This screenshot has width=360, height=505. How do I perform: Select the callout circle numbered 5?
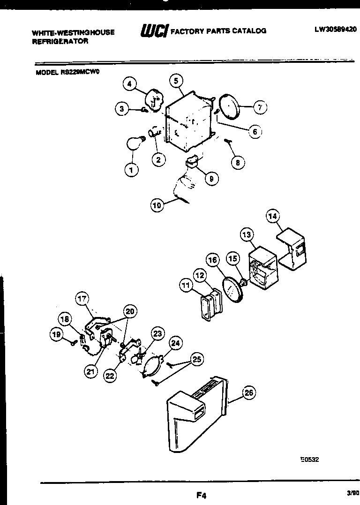click(176, 81)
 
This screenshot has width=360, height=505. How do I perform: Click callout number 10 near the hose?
click(158, 204)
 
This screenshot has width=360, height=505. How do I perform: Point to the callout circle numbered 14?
click(273, 216)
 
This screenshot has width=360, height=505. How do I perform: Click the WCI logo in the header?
click(154, 31)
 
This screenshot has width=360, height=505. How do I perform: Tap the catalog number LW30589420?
click(336, 29)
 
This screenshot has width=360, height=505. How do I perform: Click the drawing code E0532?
click(309, 460)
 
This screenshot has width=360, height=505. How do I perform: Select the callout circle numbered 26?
click(249, 393)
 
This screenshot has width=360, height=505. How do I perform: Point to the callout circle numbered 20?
click(130, 310)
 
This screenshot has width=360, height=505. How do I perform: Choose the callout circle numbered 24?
click(175, 343)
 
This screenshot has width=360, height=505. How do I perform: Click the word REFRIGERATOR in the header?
click(60, 41)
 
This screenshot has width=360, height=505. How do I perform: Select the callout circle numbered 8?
click(238, 163)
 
